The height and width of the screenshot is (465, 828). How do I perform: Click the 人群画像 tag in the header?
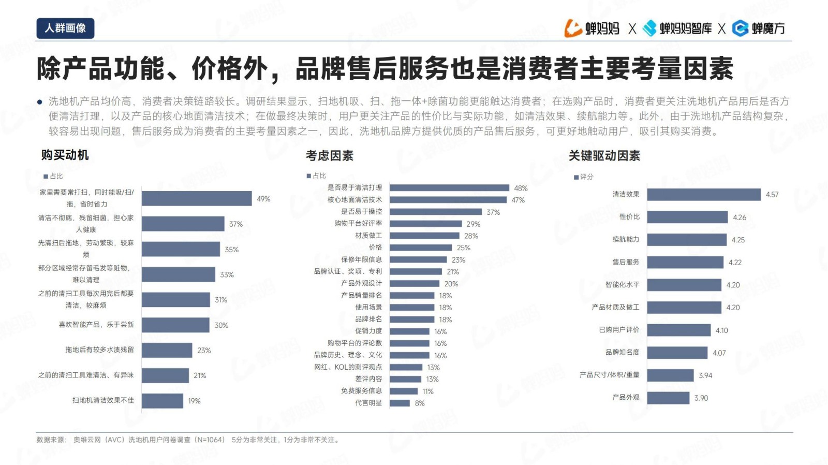[x=65, y=28]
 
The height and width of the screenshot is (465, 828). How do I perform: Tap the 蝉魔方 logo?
[x=759, y=28]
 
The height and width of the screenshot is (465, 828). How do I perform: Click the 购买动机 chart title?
[x=65, y=155]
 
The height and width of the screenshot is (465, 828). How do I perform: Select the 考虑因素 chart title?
[x=330, y=156]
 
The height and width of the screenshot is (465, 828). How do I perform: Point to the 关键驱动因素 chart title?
[x=604, y=156]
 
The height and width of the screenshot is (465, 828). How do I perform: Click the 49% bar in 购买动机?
[x=197, y=198]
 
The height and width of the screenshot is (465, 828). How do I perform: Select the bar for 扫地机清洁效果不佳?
[x=162, y=401]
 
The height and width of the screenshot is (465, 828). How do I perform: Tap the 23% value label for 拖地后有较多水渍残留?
[x=204, y=351]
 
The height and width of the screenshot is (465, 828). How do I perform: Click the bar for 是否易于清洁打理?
[x=449, y=188]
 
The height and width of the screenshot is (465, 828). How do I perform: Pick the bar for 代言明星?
[x=400, y=403]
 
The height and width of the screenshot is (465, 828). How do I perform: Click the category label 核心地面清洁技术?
[x=354, y=200]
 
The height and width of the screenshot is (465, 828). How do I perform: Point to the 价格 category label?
[x=375, y=248]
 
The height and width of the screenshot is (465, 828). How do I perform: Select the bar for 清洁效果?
[x=704, y=195]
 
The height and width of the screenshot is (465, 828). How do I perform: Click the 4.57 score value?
[x=772, y=195]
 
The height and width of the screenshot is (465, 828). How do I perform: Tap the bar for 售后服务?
[x=685, y=263]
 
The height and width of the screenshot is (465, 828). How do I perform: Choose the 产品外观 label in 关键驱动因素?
[x=626, y=398]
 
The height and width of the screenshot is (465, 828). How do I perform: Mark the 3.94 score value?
[x=705, y=375]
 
